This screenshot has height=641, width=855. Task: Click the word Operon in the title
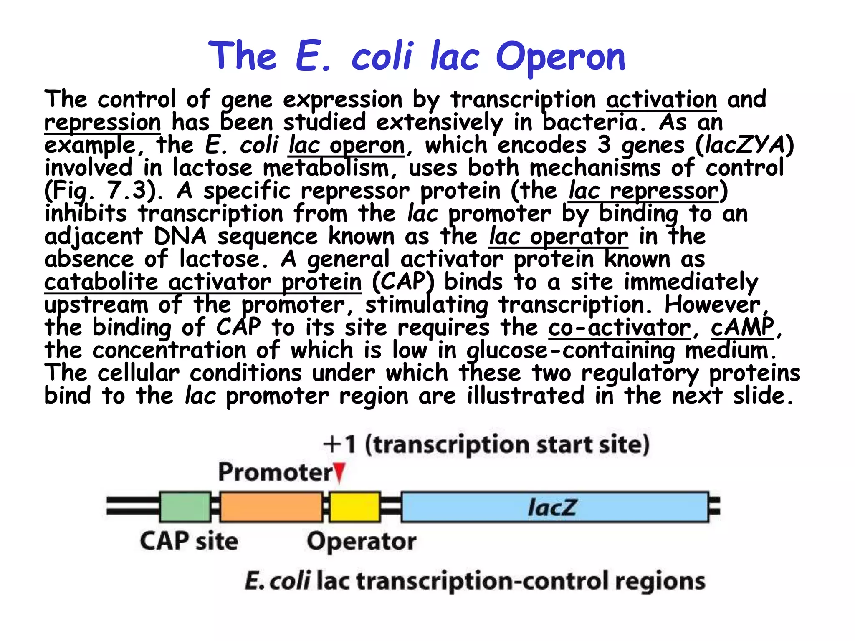[x=560, y=57]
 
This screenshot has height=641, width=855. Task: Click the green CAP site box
[x=185, y=507]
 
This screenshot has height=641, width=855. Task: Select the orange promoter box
[x=271, y=507]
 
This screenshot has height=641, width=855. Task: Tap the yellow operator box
[x=355, y=507]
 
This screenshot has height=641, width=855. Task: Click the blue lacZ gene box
[x=554, y=507]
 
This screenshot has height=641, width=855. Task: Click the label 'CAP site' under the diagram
[x=189, y=541]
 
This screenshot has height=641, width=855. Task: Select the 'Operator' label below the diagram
[x=362, y=542]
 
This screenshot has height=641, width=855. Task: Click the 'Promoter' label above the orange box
[x=276, y=472]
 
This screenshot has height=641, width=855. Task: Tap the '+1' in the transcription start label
[x=340, y=444]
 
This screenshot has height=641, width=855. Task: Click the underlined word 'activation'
[x=661, y=99]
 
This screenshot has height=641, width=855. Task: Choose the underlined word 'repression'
[x=103, y=122]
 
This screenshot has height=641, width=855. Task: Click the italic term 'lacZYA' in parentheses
[x=744, y=145]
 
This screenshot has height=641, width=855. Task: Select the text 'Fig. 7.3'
[x=97, y=191]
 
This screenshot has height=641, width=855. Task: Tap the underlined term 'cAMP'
[x=742, y=327]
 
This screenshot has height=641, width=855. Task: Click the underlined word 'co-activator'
[x=620, y=327]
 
